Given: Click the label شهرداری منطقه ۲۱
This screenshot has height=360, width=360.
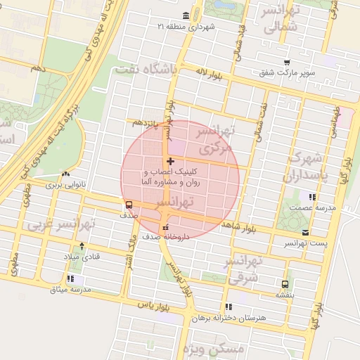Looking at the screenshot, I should [x=190, y=26].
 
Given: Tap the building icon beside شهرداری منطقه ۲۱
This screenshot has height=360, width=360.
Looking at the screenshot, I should [x=186, y=16].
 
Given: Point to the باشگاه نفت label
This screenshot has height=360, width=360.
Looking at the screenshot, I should [x=153, y=69].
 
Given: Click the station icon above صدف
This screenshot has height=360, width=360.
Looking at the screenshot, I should [x=128, y=205].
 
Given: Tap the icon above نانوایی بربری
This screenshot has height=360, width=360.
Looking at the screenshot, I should [x=65, y=175].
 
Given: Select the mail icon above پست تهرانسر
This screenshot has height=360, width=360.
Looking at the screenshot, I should [x=304, y=232].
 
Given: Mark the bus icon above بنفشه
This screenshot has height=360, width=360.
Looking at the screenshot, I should [x=284, y=284].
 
